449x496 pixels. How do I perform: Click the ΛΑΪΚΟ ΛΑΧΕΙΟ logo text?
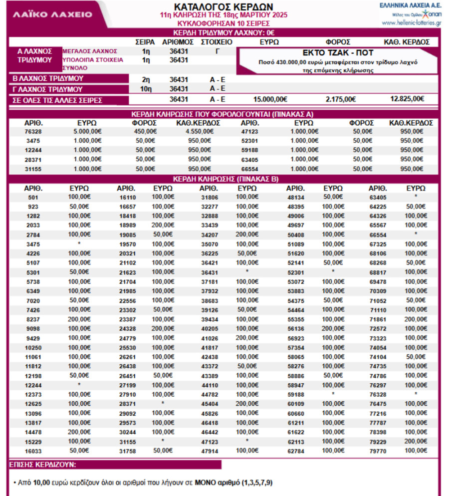coord(52,14)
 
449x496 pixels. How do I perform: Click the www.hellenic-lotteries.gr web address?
coord(411,23)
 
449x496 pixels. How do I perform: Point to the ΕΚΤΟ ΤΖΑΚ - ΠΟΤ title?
coord(338,53)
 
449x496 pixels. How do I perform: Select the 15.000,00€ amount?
coord(270,99)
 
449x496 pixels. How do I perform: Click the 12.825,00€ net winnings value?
coord(407,99)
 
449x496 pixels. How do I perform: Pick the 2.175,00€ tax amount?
coord(340,99)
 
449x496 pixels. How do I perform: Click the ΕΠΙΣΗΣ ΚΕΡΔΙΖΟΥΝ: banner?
coord(43,465)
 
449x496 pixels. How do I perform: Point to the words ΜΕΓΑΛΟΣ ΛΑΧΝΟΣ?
coord(90,51)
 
